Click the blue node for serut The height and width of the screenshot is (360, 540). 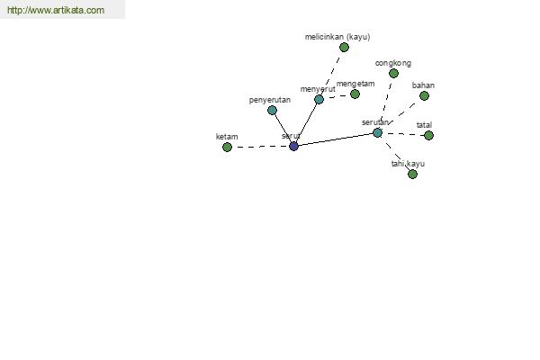(x=293, y=146)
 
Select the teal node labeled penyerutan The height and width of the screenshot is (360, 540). (x=272, y=110)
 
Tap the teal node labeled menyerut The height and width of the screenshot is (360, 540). (x=319, y=100)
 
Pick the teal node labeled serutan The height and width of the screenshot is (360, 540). (x=377, y=132)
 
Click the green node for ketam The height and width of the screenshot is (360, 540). (x=227, y=147)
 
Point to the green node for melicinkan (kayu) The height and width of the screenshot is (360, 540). (x=344, y=47)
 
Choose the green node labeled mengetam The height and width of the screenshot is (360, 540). (x=355, y=94)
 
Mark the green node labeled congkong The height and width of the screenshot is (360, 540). (x=393, y=73)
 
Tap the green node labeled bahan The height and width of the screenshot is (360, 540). (x=424, y=95)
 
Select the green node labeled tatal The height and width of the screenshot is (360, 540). (x=428, y=135)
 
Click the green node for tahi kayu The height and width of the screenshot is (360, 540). (x=412, y=174)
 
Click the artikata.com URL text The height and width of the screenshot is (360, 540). (x=56, y=10)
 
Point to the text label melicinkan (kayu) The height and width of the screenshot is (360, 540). (x=337, y=37)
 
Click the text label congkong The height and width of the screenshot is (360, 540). (x=393, y=63)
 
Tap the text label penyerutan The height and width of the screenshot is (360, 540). (x=270, y=100)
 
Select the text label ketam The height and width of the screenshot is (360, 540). (x=227, y=137)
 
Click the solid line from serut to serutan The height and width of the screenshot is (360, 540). (x=336, y=139)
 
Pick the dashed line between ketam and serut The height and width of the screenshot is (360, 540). (x=260, y=147)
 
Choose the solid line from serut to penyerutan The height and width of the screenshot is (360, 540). (x=283, y=128)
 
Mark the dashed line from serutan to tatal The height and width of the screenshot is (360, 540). (x=403, y=134)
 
